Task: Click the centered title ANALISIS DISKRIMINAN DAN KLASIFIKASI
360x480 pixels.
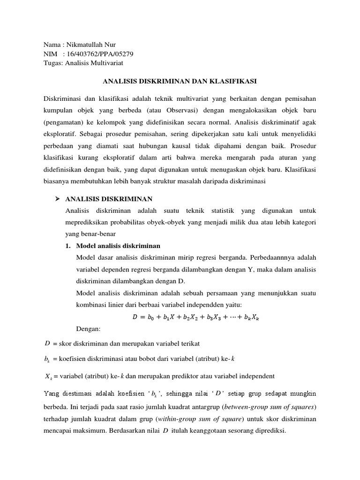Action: [180, 81]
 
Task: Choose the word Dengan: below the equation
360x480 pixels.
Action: [88, 329]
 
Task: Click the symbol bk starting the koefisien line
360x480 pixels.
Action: [47, 360]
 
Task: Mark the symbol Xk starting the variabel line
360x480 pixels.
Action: [48, 376]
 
